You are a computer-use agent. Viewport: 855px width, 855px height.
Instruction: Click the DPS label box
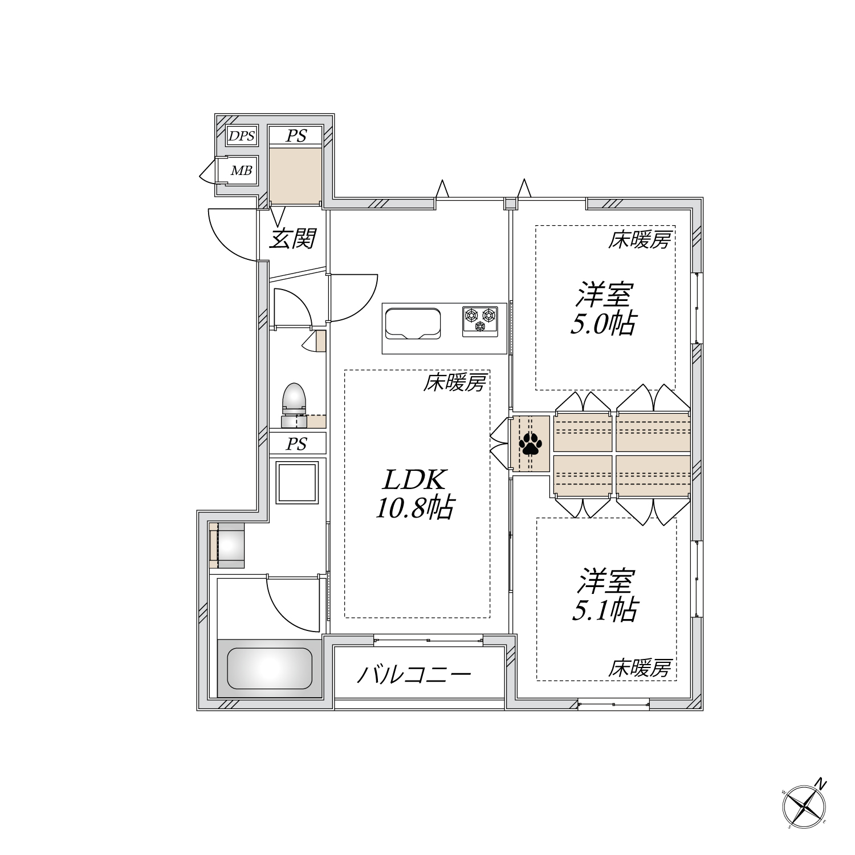[x=242, y=136]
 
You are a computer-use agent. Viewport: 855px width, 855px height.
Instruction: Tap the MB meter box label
[x=241, y=170]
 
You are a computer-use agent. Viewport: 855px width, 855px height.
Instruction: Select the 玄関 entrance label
[x=292, y=238]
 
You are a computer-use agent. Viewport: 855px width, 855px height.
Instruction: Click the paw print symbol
[x=531, y=443]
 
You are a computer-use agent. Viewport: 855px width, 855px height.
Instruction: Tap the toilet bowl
[x=294, y=398]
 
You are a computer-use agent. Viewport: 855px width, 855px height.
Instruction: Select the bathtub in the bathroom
[x=269, y=668]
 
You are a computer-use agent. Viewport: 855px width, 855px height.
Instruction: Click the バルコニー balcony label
[x=414, y=675]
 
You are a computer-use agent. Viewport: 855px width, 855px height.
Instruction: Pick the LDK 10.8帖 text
[x=414, y=494]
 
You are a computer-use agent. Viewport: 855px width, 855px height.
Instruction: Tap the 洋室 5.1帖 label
[x=605, y=596]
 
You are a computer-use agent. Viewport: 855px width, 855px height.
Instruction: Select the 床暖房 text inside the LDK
[x=454, y=384]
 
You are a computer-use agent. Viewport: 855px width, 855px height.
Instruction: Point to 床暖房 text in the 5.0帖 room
[x=639, y=241]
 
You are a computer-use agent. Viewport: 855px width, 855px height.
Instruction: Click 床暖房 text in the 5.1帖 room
[x=639, y=667]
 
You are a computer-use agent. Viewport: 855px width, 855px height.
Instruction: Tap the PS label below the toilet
[x=296, y=443]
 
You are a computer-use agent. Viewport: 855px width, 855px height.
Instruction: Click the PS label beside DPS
[x=296, y=136]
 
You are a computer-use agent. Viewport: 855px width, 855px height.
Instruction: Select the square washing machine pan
[x=296, y=482]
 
